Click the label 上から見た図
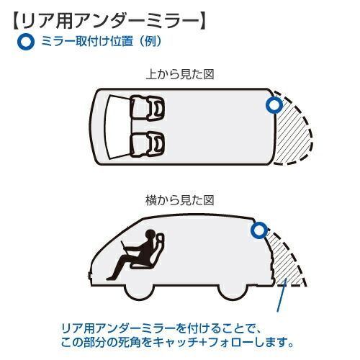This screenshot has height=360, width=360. (180, 74)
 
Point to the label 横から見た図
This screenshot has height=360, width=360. (180, 200)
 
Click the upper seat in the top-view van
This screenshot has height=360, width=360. (147, 108)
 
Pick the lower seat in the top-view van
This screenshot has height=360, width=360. (147, 144)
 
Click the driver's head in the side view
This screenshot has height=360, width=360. (150, 235)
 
